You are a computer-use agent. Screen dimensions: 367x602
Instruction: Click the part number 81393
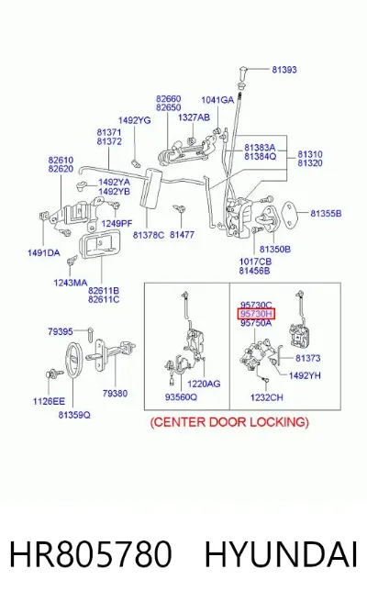click(x=284, y=70)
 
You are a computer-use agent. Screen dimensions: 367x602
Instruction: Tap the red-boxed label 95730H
click(x=256, y=314)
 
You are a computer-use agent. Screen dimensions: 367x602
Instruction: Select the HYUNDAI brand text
click(x=281, y=554)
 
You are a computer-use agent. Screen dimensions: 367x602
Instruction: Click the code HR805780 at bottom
click(x=90, y=554)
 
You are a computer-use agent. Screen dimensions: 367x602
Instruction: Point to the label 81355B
click(x=326, y=214)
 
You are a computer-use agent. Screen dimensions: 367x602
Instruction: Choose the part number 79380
click(x=115, y=393)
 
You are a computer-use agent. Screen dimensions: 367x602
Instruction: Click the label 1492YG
click(x=134, y=120)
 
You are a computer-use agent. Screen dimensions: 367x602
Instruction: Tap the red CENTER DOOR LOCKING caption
click(x=229, y=422)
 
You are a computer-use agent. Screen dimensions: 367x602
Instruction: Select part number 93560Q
click(x=181, y=397)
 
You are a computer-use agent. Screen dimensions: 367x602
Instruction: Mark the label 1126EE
click(x=49, y=401)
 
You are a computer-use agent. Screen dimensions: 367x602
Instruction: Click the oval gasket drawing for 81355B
click(x=292, y=214)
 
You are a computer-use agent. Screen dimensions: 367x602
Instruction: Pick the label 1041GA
click(x=217, y=100)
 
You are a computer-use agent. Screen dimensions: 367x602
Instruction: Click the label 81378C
click(x=149, y=235)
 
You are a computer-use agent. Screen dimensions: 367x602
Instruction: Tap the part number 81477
click(x=182, y=235)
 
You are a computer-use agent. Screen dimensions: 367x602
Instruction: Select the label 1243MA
click(x=71, y=283)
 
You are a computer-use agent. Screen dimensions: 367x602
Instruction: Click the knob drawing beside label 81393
click(x=242, y=72)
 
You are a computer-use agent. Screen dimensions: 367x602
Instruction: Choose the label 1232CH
click(x=266, y=397)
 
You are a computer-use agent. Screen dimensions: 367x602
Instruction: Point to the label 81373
click(x=308, y=358)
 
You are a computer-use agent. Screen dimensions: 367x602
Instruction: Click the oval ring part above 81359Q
click(x=72, y=360)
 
